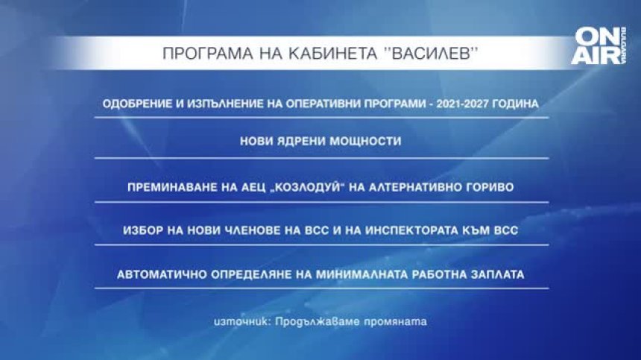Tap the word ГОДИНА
point(513,104)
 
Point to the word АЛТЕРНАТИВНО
point(414,187)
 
